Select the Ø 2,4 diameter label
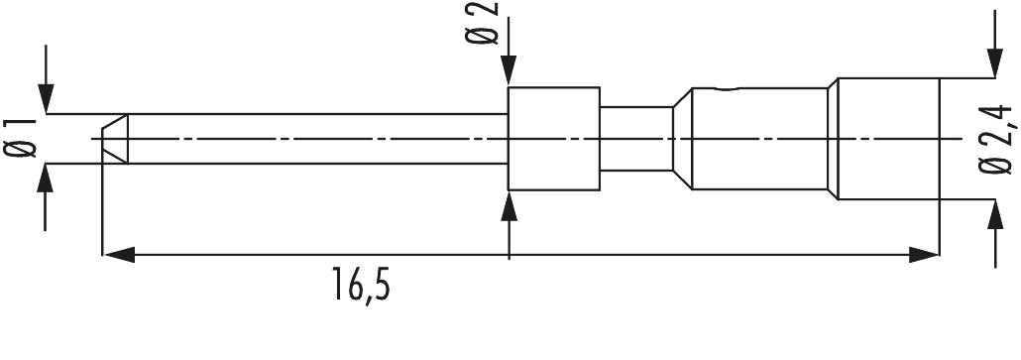point(997,139)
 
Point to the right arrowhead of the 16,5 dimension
point(926,256)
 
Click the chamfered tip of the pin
point(113,139)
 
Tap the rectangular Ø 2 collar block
point(553,139)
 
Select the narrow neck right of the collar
point(634,139)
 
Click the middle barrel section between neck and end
point(758,139)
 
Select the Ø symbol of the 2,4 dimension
point(997,172)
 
